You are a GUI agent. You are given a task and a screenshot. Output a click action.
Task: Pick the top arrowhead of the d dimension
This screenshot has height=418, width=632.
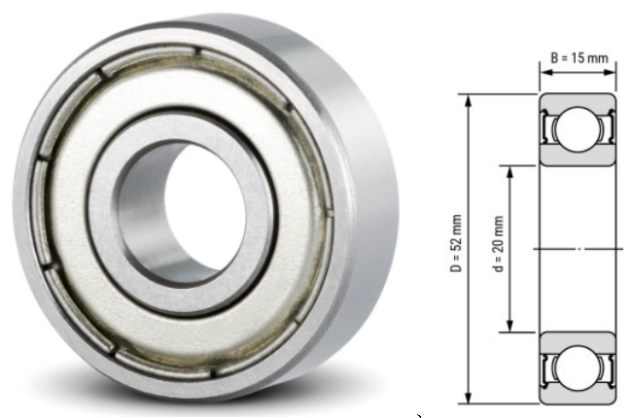point(509,167)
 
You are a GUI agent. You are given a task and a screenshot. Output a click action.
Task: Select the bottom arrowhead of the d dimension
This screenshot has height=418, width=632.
point(509,330)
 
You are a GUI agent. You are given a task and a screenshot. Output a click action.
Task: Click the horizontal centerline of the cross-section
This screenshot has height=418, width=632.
point(578,249)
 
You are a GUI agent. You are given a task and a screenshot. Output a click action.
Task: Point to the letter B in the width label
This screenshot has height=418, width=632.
point(555,58)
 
